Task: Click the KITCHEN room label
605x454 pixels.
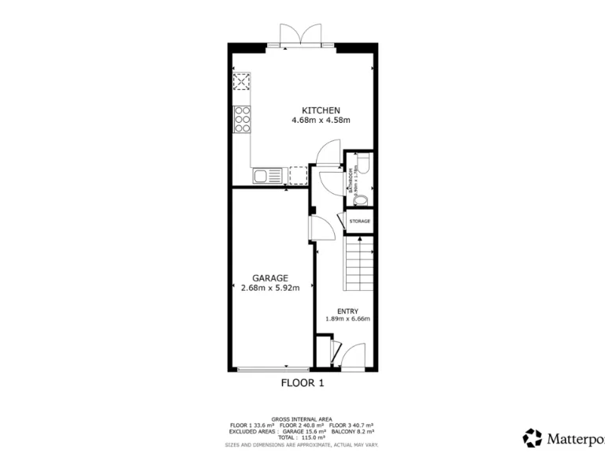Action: click(x=321, y=110)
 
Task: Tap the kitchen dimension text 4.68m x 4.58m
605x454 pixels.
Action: click(x=321, y=121)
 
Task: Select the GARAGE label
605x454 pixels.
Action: click(x=270, y=278)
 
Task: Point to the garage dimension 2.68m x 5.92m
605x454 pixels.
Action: click(x=270, y=288)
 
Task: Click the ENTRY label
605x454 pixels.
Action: click(x=347, y=311)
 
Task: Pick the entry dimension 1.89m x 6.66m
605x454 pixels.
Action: click(x=347, y=319)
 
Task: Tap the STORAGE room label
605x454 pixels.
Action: click(x=359, y=221)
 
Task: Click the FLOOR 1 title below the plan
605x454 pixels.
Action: click(x=302, y=384)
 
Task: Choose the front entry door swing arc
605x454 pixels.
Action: click(x=354, y=355)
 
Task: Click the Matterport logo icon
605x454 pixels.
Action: click(x=533, y=437)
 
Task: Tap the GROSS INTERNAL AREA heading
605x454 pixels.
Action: click(x=302, y=419)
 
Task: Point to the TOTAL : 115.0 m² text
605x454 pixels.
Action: click(x=302, y=438)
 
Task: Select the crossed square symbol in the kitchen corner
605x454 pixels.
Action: click(x=242, y=83)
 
